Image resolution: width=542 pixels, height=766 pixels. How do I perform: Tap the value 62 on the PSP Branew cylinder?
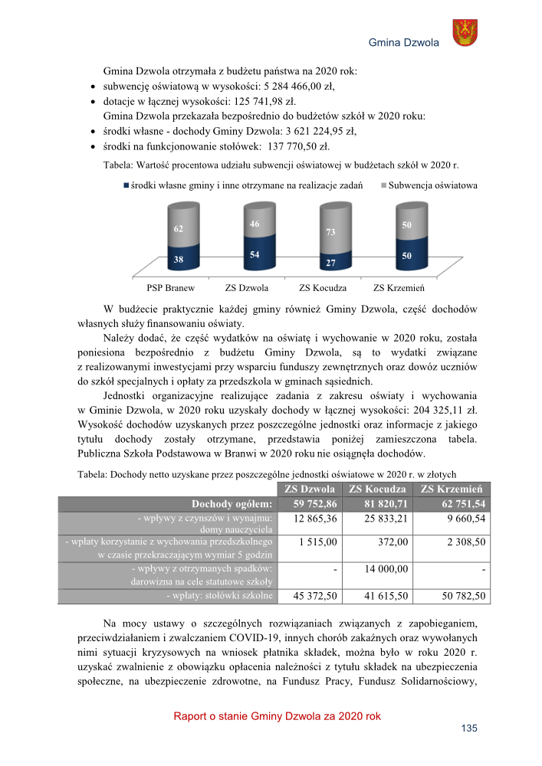(x=178, y=228)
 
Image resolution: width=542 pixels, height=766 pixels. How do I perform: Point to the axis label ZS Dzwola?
(x=247, y=289)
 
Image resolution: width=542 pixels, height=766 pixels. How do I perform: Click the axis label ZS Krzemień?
(x=399, y=289)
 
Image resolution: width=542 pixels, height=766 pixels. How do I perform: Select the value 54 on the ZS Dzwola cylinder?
(x=254, y=254)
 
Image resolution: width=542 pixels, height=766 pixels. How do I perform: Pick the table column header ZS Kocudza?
(x=377, y=489)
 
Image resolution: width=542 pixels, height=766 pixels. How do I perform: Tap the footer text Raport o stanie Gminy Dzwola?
(x=277, y=716)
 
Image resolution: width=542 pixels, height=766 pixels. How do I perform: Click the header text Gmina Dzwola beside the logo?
(x=403, y=43)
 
